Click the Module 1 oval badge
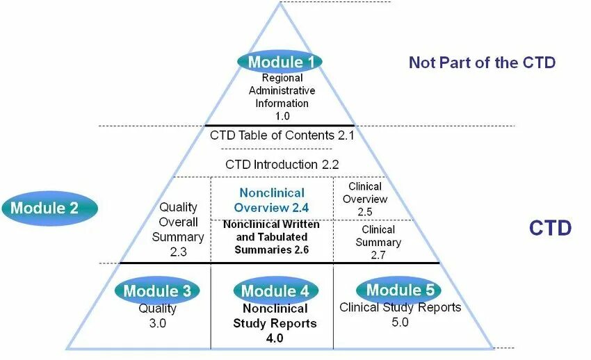[281, 62]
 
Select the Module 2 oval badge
[49, 207]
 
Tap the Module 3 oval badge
[157, 291]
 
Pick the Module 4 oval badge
[275, 291]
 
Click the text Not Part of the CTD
[482, 63]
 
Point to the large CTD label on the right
[550, 228]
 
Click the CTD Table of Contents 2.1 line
[282, 135]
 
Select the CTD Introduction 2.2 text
[282, 165]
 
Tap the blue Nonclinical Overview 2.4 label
[271, 200]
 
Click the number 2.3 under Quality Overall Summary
[178, 252]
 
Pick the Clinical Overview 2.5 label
[365, 199]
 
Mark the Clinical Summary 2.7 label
[378, 242]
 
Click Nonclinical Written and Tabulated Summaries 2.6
[271, 237]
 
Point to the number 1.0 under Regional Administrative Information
[282, 116]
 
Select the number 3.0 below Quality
[157, 323]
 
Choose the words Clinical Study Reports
[400, 307]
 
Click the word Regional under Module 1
[282, 78]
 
